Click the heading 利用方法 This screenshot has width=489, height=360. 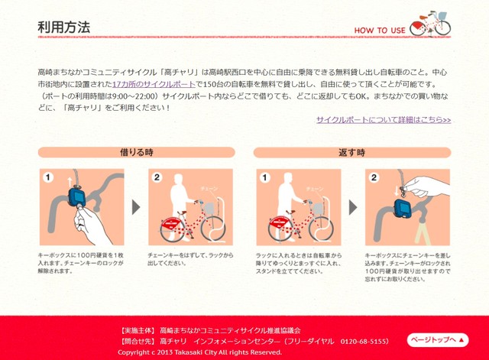click(64, 28)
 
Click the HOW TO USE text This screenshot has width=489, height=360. click(379, 31)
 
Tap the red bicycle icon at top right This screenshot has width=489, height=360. click(430, 23)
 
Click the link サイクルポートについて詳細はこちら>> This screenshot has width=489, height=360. click(384, 120)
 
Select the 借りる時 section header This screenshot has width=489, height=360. click(136, 152)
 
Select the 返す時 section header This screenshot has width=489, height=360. click(352, 152)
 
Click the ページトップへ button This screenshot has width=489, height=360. click(437, 339)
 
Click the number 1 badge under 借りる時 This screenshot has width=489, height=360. click(48, 177)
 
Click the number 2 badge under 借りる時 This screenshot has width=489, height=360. click(157, 177)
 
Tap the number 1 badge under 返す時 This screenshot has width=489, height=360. click(264, 177)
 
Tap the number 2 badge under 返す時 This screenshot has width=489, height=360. click(374, 177)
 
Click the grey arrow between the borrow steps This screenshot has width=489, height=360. click(136, 207)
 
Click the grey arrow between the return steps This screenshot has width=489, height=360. click(352, 207)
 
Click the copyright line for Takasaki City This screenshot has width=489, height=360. click(199, 352)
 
